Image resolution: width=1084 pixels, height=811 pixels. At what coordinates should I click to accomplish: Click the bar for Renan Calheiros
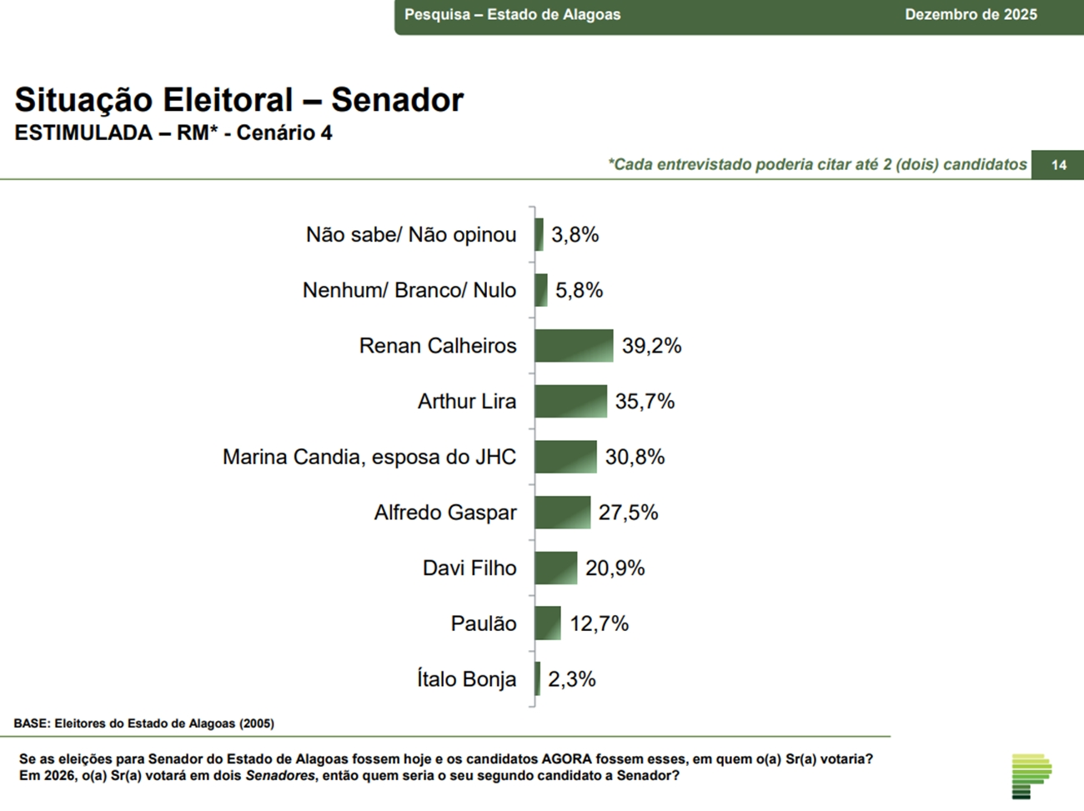coord(574,346)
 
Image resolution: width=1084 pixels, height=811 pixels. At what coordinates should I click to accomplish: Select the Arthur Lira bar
coord(570,401)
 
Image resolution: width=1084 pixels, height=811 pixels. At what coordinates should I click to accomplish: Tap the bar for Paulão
coord(548,623)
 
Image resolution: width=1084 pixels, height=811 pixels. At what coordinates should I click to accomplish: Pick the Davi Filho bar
coord(555,568)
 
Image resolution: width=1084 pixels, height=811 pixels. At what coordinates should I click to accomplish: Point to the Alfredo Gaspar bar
coord(562,513)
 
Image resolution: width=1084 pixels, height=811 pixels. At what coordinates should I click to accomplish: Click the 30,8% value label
coord(635,457)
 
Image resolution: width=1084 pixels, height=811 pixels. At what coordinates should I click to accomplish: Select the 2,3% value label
coord(571,679)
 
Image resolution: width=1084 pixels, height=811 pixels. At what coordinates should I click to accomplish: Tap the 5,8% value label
coord(579,290)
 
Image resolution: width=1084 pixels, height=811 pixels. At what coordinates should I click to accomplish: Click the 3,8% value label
coord(575,235)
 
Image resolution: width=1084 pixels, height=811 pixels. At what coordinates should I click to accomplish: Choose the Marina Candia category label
coord(369,457)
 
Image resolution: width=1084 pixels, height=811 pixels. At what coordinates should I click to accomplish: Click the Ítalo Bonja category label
coord(466,679)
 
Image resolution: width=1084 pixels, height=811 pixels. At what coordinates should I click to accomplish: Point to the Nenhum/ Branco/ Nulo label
coord(409,290)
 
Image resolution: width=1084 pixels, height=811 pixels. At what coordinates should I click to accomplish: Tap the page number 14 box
coord(1058,165)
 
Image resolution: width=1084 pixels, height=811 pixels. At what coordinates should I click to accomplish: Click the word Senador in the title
coord(397,100)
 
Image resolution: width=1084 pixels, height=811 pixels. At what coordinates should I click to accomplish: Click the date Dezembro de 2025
coord(971,14)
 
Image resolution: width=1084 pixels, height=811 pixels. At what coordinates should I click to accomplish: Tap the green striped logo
coord(1031,776)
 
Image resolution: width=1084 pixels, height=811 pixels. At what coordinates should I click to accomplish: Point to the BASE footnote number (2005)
coord(257,723)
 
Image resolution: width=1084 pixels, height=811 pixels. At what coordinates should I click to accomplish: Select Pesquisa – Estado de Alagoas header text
coord(512,14)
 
